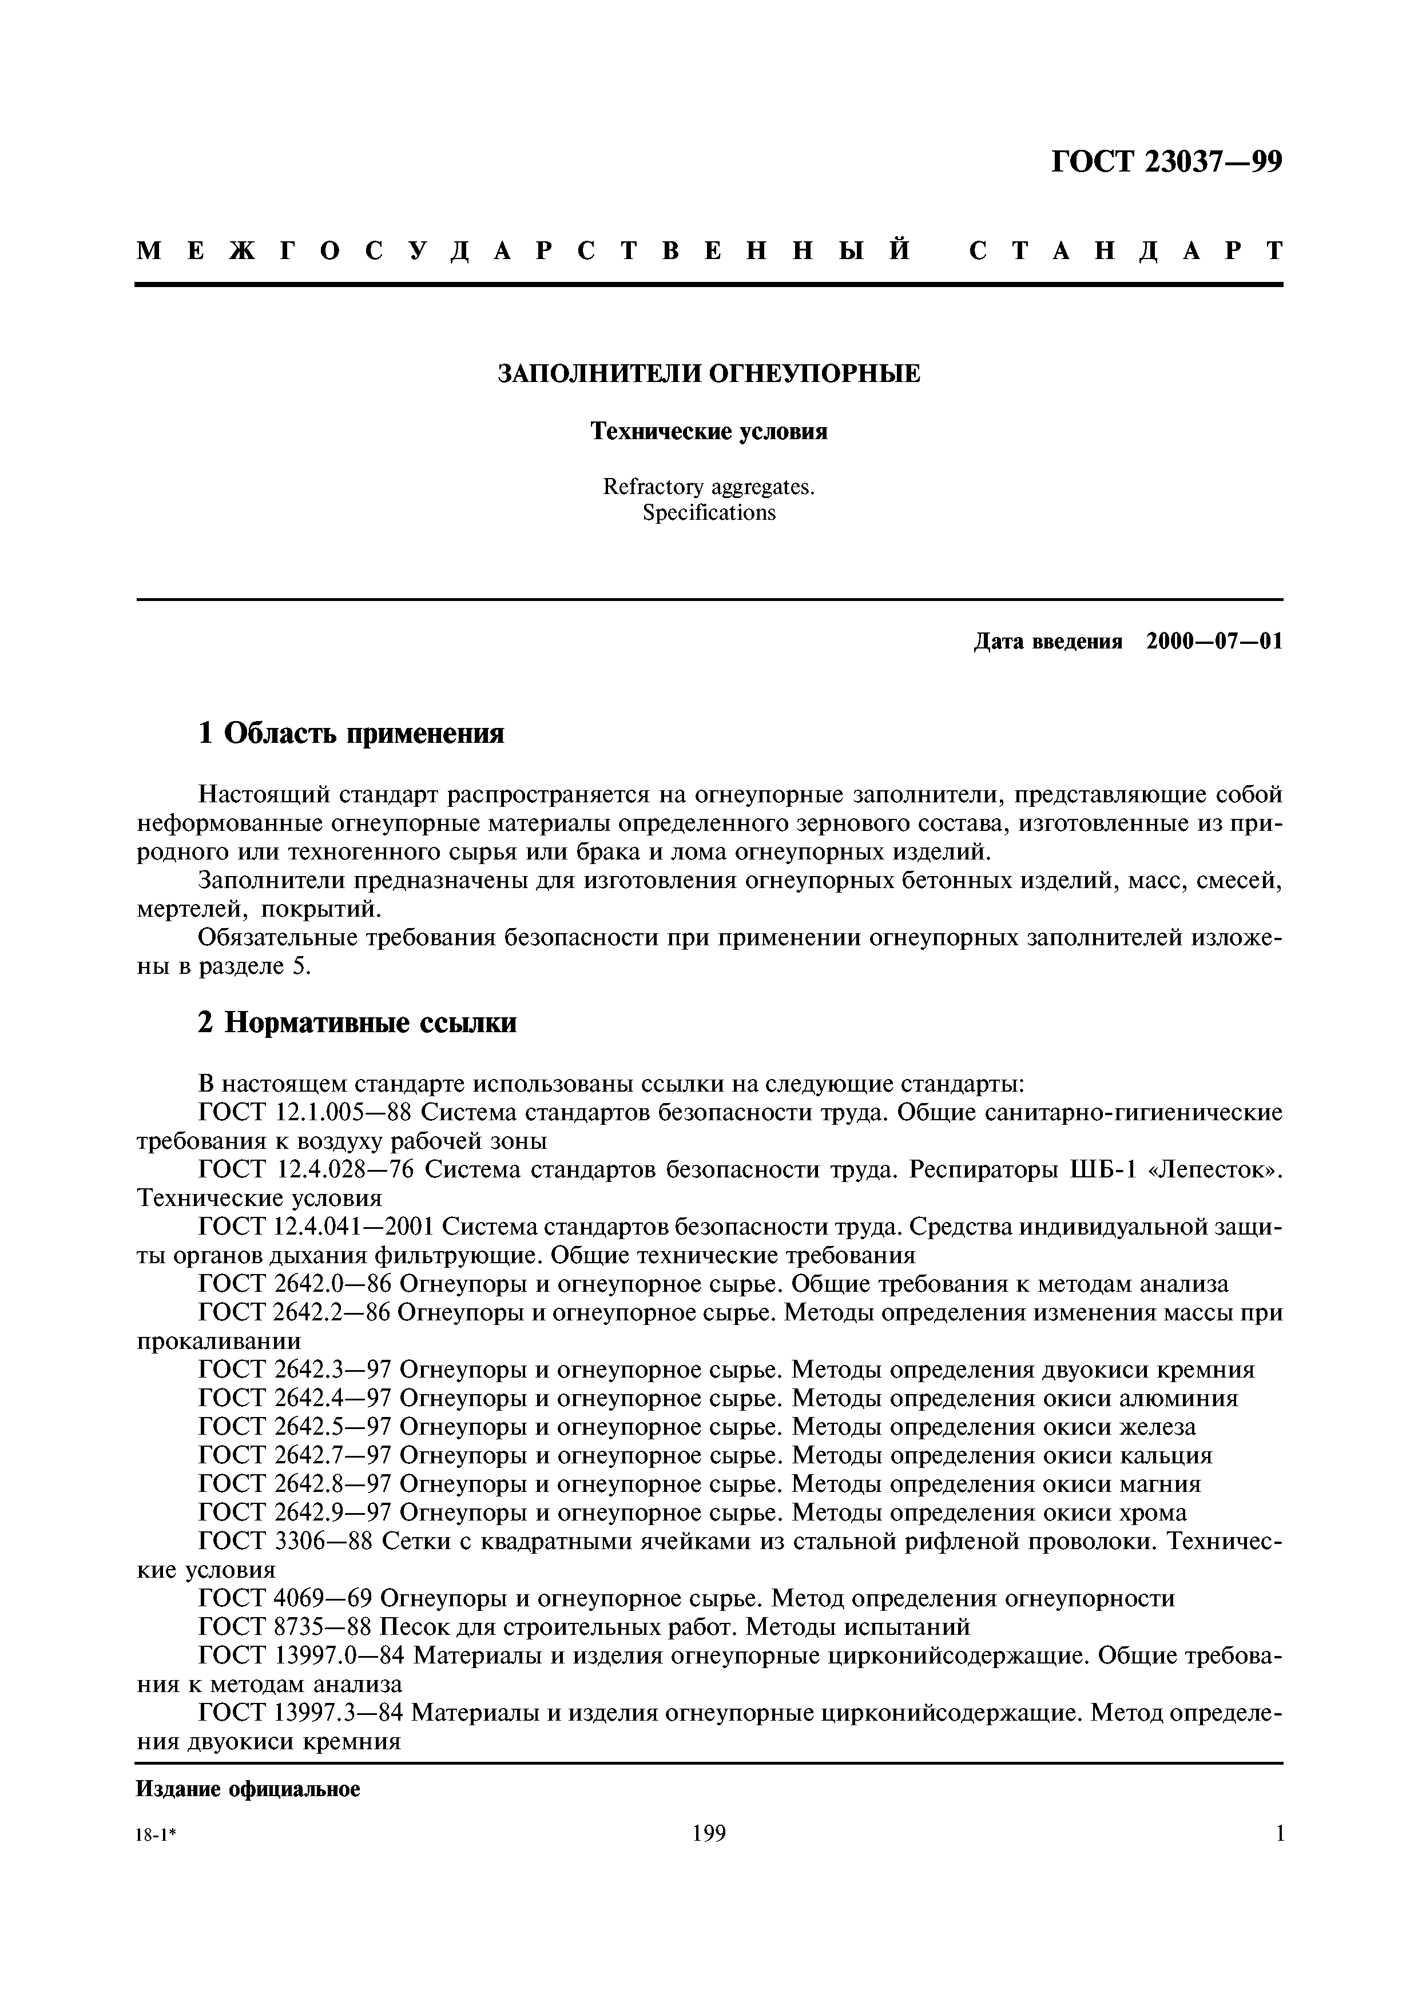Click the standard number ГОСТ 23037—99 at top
pos(1166,162)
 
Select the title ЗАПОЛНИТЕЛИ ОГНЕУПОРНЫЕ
pos(709,374)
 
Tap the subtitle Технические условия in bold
pos(709,432)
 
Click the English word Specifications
pos(709,513)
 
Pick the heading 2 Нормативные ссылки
pos(358,1022)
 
